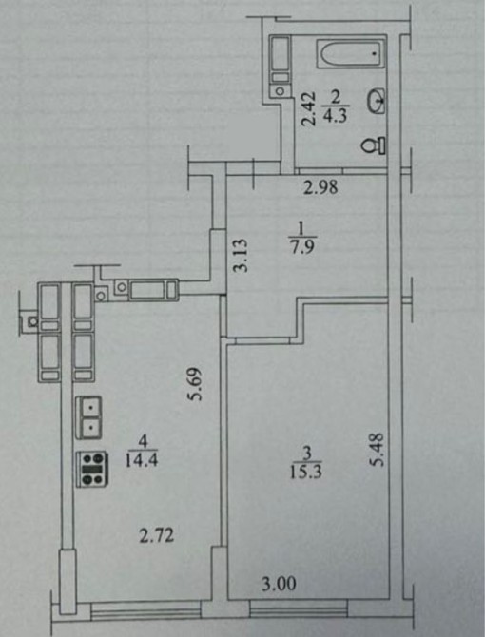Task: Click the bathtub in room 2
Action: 351,53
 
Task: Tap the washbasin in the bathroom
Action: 377,101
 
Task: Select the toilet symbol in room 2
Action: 374,145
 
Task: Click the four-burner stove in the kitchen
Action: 92,469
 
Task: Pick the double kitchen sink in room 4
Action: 88,417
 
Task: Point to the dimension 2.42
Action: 309,109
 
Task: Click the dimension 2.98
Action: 320,187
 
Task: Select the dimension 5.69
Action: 195,384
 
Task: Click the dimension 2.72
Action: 157,535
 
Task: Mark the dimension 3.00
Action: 279,584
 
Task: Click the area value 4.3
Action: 335,117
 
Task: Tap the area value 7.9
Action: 302,247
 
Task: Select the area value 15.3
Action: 306,472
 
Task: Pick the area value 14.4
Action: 142,460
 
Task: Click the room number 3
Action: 307,453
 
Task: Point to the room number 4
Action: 142,441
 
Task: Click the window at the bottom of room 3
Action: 299,608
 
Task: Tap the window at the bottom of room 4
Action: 146,610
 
